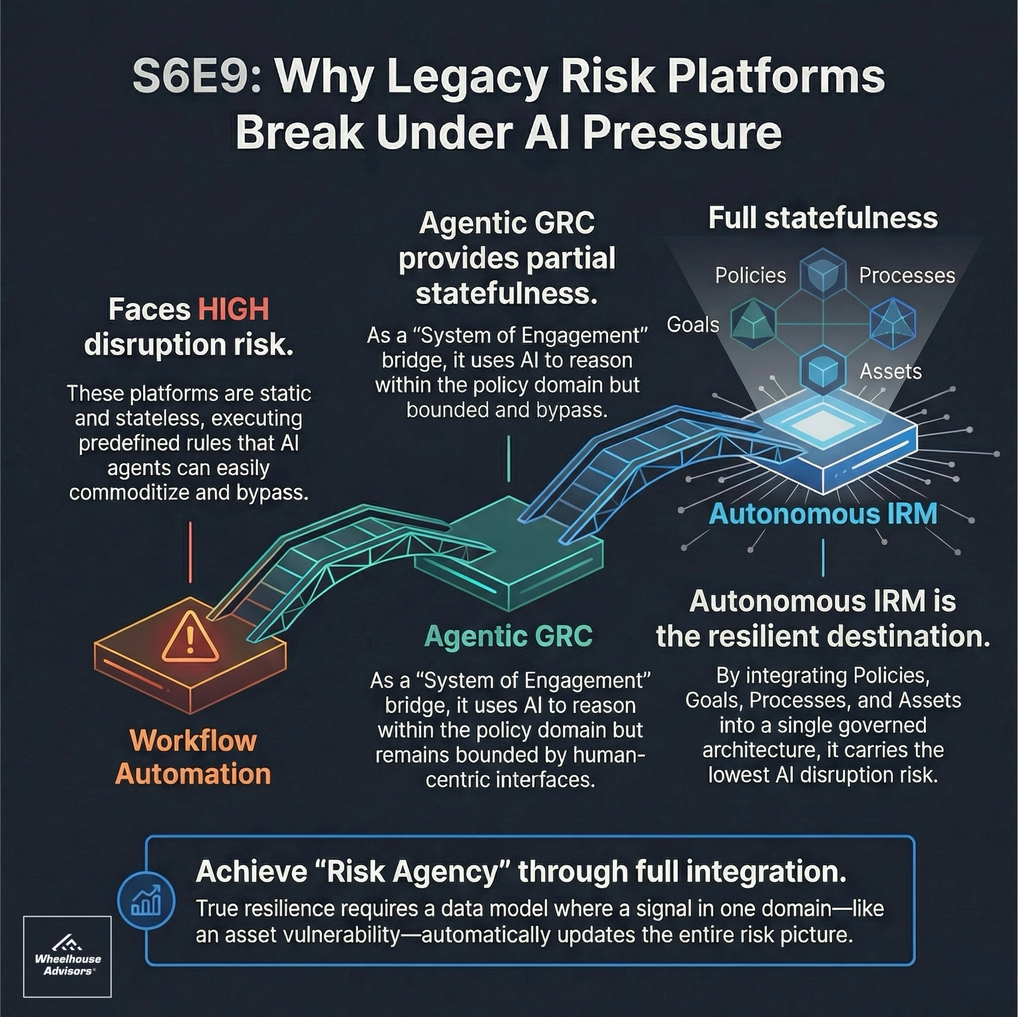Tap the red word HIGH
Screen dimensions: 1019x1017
[233, 309]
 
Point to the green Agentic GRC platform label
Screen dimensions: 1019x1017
[508, 636]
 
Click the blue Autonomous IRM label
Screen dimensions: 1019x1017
[823, 514]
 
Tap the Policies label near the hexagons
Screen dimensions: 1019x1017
[750, 275]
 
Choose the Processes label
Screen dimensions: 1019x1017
[907, 275]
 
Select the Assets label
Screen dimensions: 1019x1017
[890, 372]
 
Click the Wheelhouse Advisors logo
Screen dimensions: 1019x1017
[67, 956]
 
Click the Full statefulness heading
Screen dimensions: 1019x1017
[823, 218]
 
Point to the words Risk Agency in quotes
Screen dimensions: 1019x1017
[412, 872]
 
